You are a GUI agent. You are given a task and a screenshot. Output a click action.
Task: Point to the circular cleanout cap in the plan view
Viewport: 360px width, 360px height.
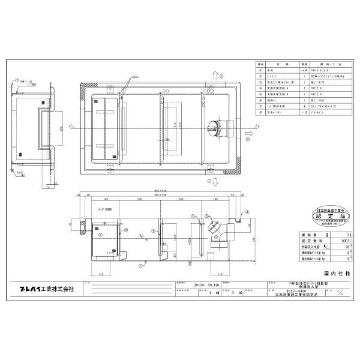pos(213,127)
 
